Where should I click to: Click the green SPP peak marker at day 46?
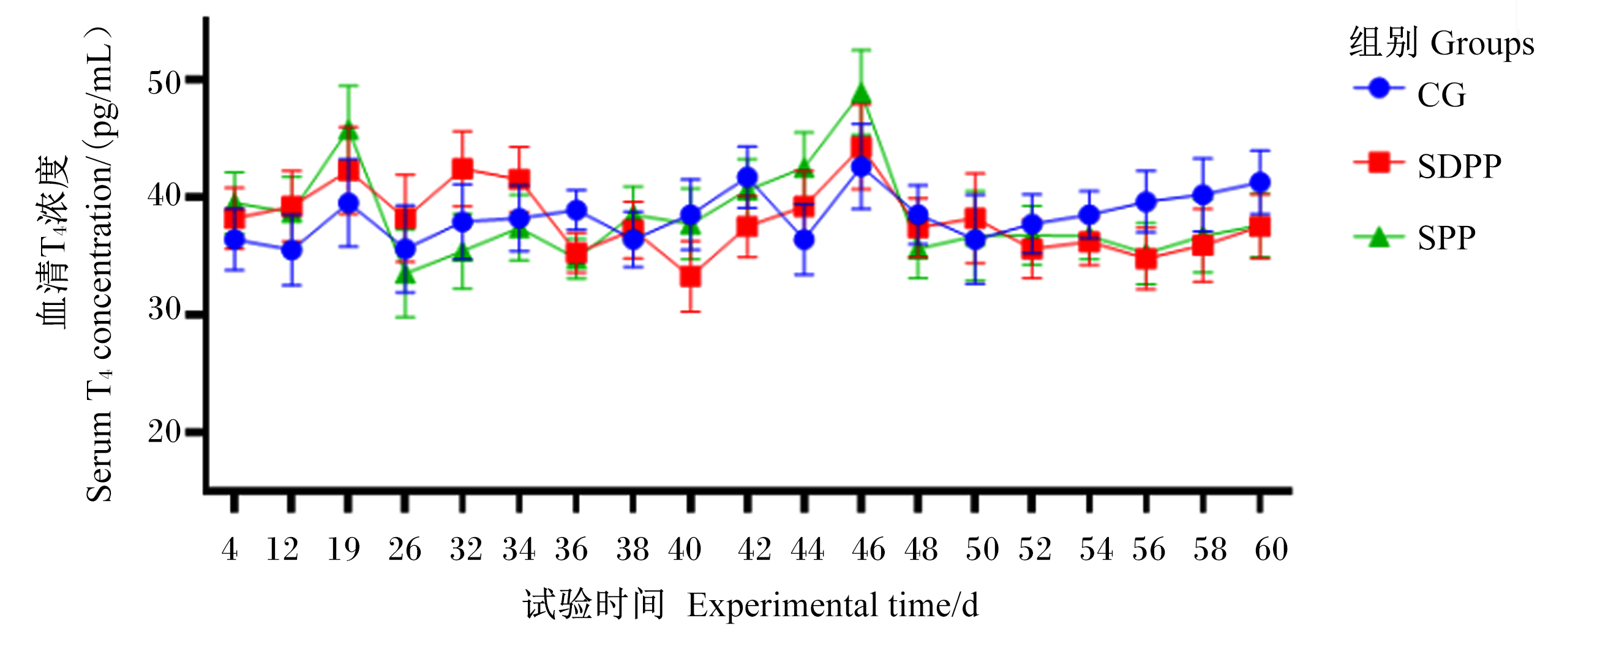point(861,94)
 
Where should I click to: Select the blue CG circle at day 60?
point(1260,183)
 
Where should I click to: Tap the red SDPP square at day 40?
point(690,277)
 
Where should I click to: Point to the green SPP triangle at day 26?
point(405,272)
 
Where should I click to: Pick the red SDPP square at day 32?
point(462,169)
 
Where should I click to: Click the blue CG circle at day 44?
point(805,239)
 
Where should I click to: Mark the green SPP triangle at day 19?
point(348,130)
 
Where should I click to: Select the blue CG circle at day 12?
point(291,250)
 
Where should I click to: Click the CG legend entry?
point(1410,92)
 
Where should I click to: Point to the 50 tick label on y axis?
point(165,81)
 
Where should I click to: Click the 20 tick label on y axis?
point(165,431)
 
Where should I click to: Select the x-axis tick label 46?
point(868,549)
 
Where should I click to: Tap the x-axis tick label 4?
point(230,549)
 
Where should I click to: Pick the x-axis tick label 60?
point(1271,549)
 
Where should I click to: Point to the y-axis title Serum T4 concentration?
point(99,264)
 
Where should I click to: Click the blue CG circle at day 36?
point(576,211)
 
